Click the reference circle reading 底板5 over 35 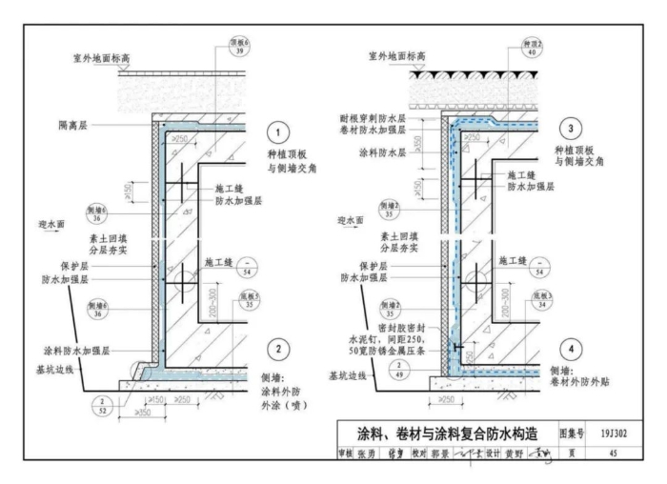click(251, 302)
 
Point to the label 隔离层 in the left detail click(71, 124)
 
